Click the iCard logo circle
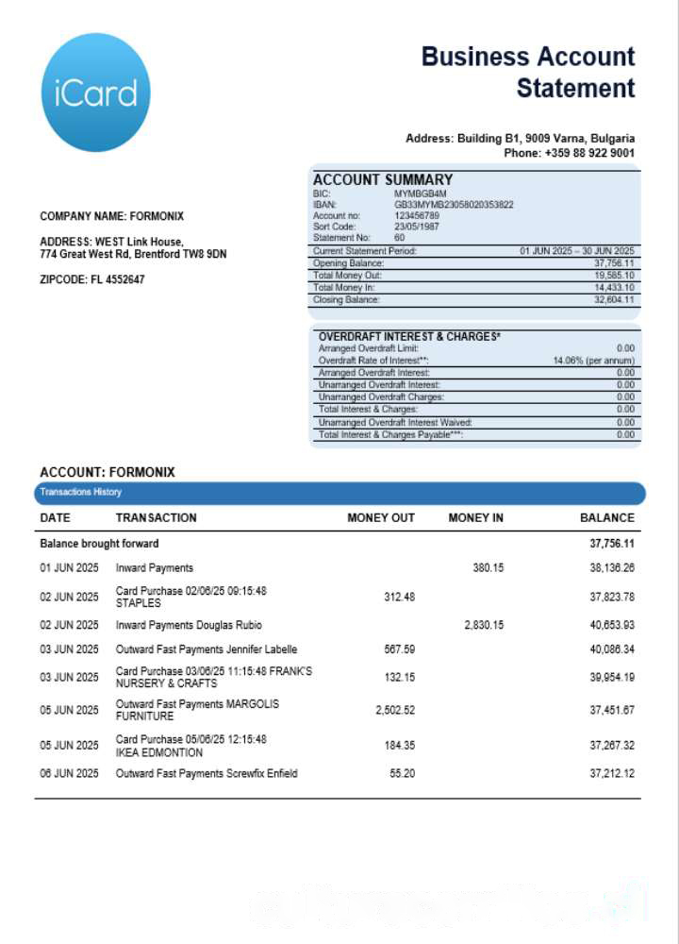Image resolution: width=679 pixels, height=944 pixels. point(96,93)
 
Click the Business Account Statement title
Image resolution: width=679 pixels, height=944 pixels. point(528,73)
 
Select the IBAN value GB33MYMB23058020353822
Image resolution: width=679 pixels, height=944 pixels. point(454,204)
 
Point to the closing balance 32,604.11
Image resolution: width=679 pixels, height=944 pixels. point(614,300)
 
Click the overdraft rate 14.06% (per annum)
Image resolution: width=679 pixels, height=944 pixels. point(593,361)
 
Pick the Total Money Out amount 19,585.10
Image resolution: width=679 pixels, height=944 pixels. point(614,276)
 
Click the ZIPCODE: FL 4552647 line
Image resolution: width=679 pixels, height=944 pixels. point(92,280)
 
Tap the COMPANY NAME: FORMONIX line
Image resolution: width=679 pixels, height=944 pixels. point(111,216)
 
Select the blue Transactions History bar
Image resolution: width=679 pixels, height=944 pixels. point(339,493)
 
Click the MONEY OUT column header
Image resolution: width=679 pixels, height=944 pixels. point(381,518)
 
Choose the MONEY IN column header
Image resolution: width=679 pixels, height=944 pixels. point(475,518)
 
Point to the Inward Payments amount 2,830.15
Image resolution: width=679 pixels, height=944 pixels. point(484,625)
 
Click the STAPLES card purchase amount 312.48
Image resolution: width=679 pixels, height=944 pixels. point(399,597)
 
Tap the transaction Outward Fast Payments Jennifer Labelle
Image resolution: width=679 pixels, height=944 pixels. point(206,649)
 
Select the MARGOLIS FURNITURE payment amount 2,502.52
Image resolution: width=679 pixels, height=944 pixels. point(394,710)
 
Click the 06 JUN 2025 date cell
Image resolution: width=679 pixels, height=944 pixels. point(69,774)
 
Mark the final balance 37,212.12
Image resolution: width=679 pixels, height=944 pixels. point(611,774)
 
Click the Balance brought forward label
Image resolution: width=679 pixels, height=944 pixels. point(99,544)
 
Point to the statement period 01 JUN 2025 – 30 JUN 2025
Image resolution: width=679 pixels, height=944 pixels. point(577,251)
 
